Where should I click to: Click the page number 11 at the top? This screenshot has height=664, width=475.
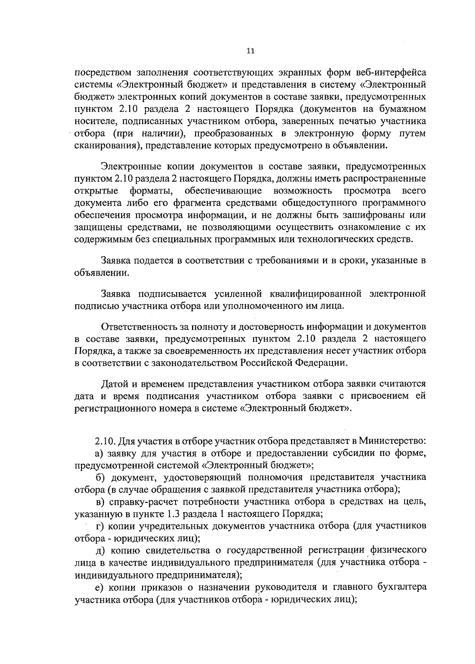coord(250,51)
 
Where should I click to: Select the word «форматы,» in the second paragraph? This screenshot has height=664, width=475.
coord(151,191)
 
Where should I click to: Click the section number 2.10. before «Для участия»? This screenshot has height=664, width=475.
coord(105,441)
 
